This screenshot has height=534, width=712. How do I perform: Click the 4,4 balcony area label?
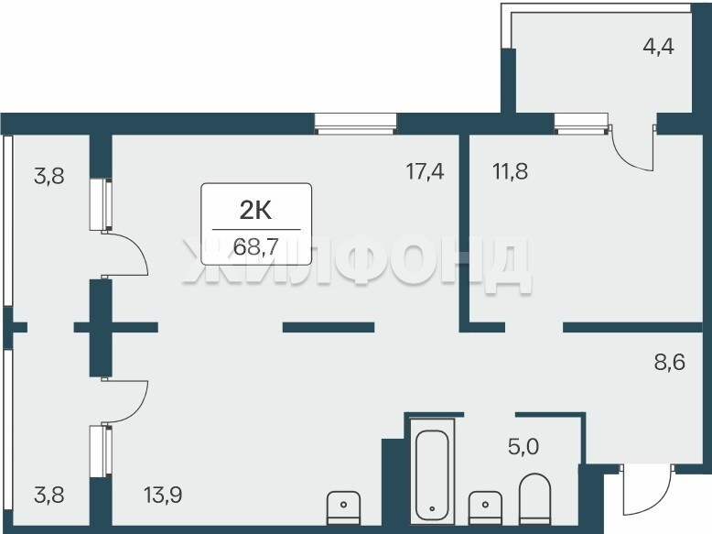658,47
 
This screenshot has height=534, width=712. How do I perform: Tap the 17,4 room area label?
425,172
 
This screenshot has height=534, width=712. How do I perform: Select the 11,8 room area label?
510,172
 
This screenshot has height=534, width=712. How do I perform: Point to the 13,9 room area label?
163,495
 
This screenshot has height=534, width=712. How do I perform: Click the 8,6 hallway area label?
669,363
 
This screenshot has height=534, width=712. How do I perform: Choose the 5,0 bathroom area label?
523,447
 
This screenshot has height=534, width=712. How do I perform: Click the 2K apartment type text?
255,211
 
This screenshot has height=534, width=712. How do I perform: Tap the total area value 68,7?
255,246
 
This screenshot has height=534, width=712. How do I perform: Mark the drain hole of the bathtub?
432,509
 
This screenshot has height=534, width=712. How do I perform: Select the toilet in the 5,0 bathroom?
534,499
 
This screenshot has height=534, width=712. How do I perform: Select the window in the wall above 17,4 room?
356,123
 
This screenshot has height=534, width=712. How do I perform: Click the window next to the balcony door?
581,124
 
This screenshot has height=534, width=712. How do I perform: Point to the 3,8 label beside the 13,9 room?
49,495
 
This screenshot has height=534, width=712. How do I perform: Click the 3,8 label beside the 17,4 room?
49,177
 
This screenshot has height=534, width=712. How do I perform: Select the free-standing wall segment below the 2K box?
329,327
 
